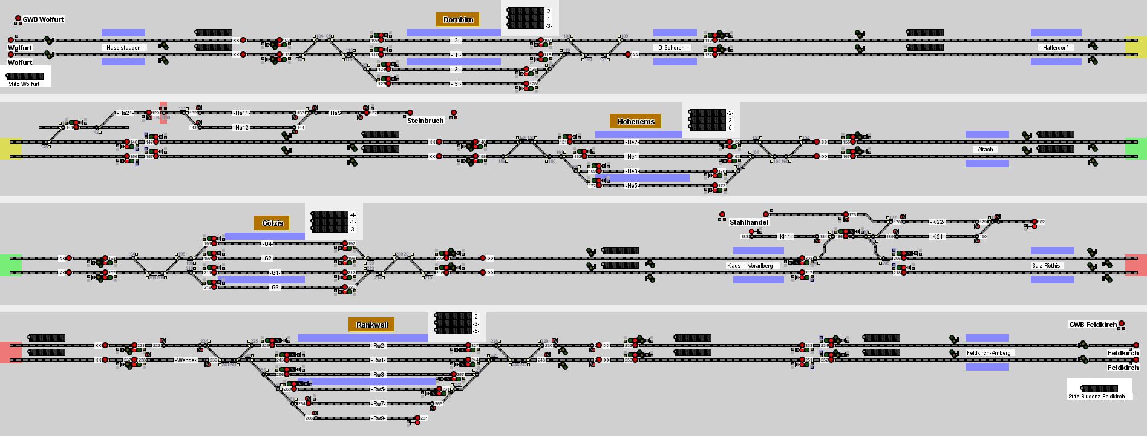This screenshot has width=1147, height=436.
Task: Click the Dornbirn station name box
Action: (458, 20)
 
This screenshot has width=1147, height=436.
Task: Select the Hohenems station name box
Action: (636, 122)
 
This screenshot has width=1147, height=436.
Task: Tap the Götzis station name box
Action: (272, 223)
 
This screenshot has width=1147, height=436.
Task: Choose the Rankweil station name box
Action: (371, 325)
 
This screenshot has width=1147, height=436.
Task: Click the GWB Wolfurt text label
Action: (43, 19)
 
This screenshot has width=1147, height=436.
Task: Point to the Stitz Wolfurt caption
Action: (24, 84)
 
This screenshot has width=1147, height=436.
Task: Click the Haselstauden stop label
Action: (124, 48)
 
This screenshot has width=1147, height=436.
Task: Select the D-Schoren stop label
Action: (672, 48)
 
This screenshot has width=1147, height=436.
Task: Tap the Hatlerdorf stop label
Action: (1056, 48)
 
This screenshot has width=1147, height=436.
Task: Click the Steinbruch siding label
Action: (425, 121)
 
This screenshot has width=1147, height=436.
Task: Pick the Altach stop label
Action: (985, 150)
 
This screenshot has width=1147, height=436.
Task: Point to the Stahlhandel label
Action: (749, 222)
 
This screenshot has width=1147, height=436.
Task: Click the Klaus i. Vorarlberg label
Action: (750, 266)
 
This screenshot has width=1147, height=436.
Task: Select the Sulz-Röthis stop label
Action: (1046, 266)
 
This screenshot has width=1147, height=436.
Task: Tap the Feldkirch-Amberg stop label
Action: (989, 353)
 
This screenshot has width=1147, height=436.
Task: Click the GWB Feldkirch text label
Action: (1093, 325)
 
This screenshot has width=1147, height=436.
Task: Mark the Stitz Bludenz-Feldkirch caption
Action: (1096, 397)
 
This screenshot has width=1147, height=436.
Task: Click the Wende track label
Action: (186, 360)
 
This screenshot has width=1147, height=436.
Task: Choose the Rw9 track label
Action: (379, 418)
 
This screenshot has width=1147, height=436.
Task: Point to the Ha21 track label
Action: (125, 113)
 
